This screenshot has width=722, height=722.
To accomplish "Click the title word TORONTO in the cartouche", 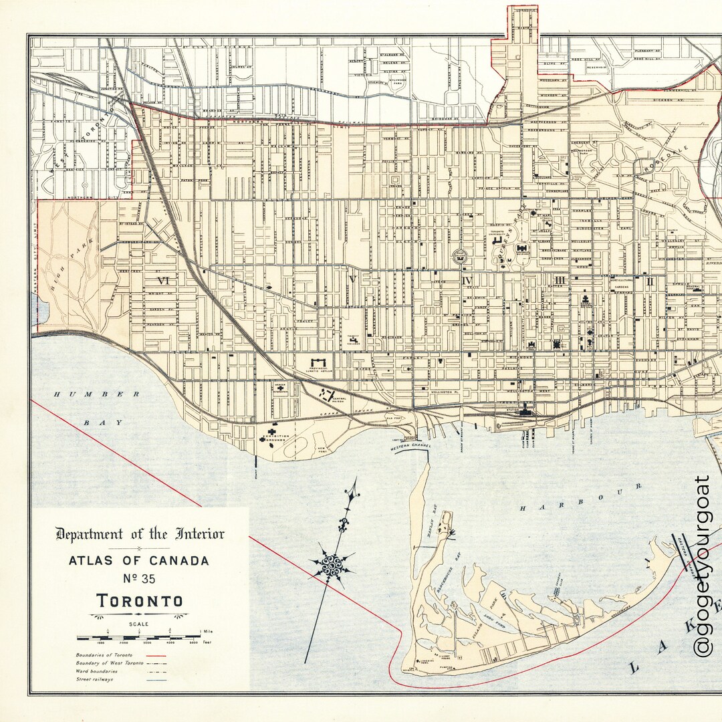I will [x=140, y=600].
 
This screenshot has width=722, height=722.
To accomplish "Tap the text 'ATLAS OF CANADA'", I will [x=139, y=560].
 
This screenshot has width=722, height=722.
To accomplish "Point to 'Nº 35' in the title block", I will [x=139, y=579].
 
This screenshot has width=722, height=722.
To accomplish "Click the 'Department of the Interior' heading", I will [x=140, y=533].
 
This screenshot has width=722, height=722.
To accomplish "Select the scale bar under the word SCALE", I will [x=138, y=637].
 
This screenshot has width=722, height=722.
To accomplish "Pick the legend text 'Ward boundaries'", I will [x=98, y=671].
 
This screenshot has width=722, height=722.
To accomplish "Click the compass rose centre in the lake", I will [x=332, y=566].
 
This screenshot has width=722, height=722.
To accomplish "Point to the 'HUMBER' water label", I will [x=97, y=394].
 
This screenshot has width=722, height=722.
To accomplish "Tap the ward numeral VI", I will [x=162, y=280].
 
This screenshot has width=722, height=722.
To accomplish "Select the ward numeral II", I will [x=649, y=281].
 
